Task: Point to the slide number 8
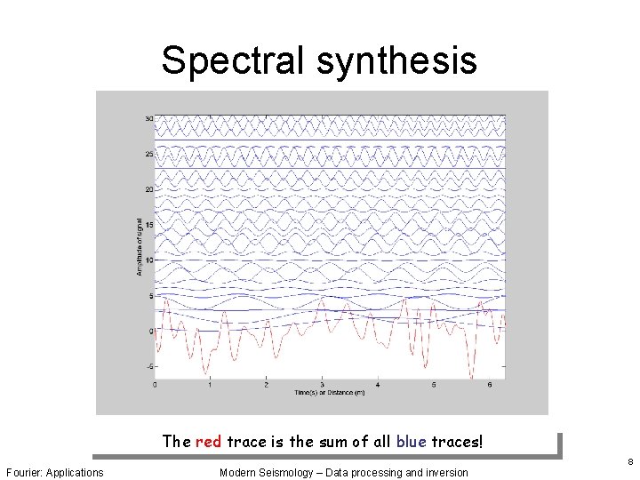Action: pyautogui.click(x=628, y=461)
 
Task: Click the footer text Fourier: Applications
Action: pyautogui.click(x=54, y=471)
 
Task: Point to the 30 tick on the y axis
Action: pyautogui.click(x=149, y=118)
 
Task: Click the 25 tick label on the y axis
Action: pyautogui.click(x=149, y=154)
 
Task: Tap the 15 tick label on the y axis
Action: pyautogui.click(x=149, y=225)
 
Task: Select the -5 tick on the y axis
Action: pyautogui.click(x=149, y=366)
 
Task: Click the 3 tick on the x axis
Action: pyautogui.click(x=322, y=386)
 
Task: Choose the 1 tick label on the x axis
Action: pyautogui.click(x=211, y=386)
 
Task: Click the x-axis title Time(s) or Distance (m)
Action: pyautogui.click(x=329, y=393)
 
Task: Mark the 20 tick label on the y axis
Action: pyautogui.click(x=149, y=189)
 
